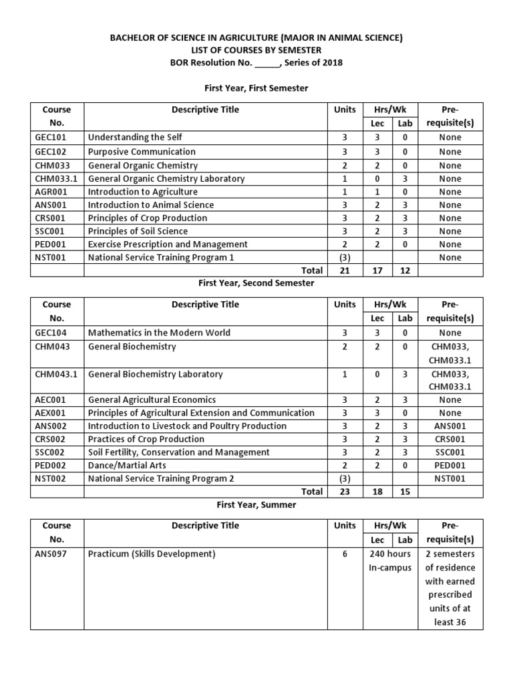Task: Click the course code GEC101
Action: [x=51, y=138]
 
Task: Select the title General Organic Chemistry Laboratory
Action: [x=166, y=178]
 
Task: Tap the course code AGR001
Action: [x=51, y=192]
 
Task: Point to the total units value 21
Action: [x=345, y=271]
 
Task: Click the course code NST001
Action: [x=51, y=257]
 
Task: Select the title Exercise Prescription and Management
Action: [x=168, y=244]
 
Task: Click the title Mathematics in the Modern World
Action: [x=159, y=333]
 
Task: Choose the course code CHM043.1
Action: [x=56, y=374]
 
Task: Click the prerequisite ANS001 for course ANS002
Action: [x=450, y=426]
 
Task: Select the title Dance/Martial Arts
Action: [x=127, y=465]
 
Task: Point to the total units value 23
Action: [x=345, y=492]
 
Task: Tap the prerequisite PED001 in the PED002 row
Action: [x=450, y=465]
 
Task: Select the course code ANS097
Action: [x=51, y=554]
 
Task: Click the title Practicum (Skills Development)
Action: [x=152, y=554]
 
